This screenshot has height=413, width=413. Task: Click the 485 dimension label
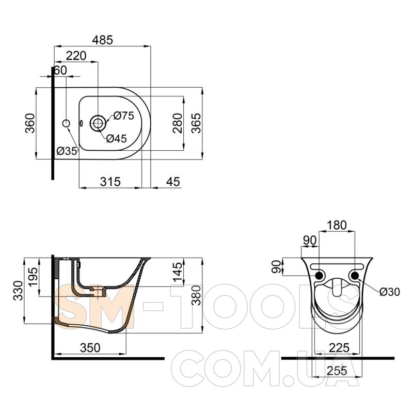(102, 40)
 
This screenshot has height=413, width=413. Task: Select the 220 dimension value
(76, 56)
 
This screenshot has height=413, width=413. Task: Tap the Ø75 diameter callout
(124, 116)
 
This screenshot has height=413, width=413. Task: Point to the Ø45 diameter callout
(117, 138)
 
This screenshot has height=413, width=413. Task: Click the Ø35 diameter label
(67, 151)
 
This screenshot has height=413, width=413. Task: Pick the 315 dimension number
(110, 182)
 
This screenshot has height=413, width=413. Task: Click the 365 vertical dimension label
(196, 123)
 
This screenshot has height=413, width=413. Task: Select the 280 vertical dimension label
(178, 123)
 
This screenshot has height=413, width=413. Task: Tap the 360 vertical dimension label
(30, 123)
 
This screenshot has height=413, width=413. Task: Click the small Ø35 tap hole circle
(66, 123)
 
